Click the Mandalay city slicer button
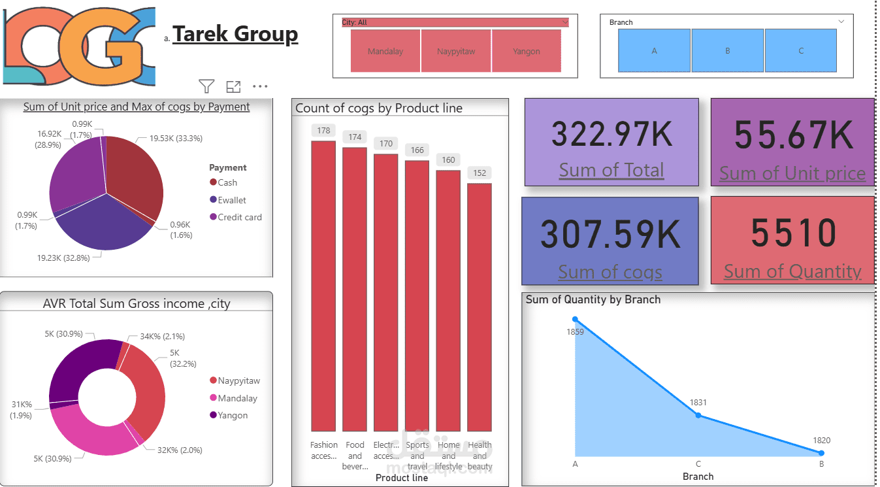click(385, 51)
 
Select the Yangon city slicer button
click(526, 51)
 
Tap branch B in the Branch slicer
click(727, 50)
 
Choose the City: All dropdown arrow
click(564, 22)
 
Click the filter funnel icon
click(206, 86)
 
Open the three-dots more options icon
click(260, 86)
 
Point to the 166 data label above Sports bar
click(417, 150)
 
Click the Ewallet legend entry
click(232, 200)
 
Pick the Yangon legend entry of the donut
click(233, 415)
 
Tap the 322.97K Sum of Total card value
click(611, 134)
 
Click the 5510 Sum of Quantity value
click(793, 233)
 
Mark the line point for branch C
click(698, 415)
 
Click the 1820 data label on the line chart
click(822, 441)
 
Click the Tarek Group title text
click(235, 34)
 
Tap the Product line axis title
click(402, 478)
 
